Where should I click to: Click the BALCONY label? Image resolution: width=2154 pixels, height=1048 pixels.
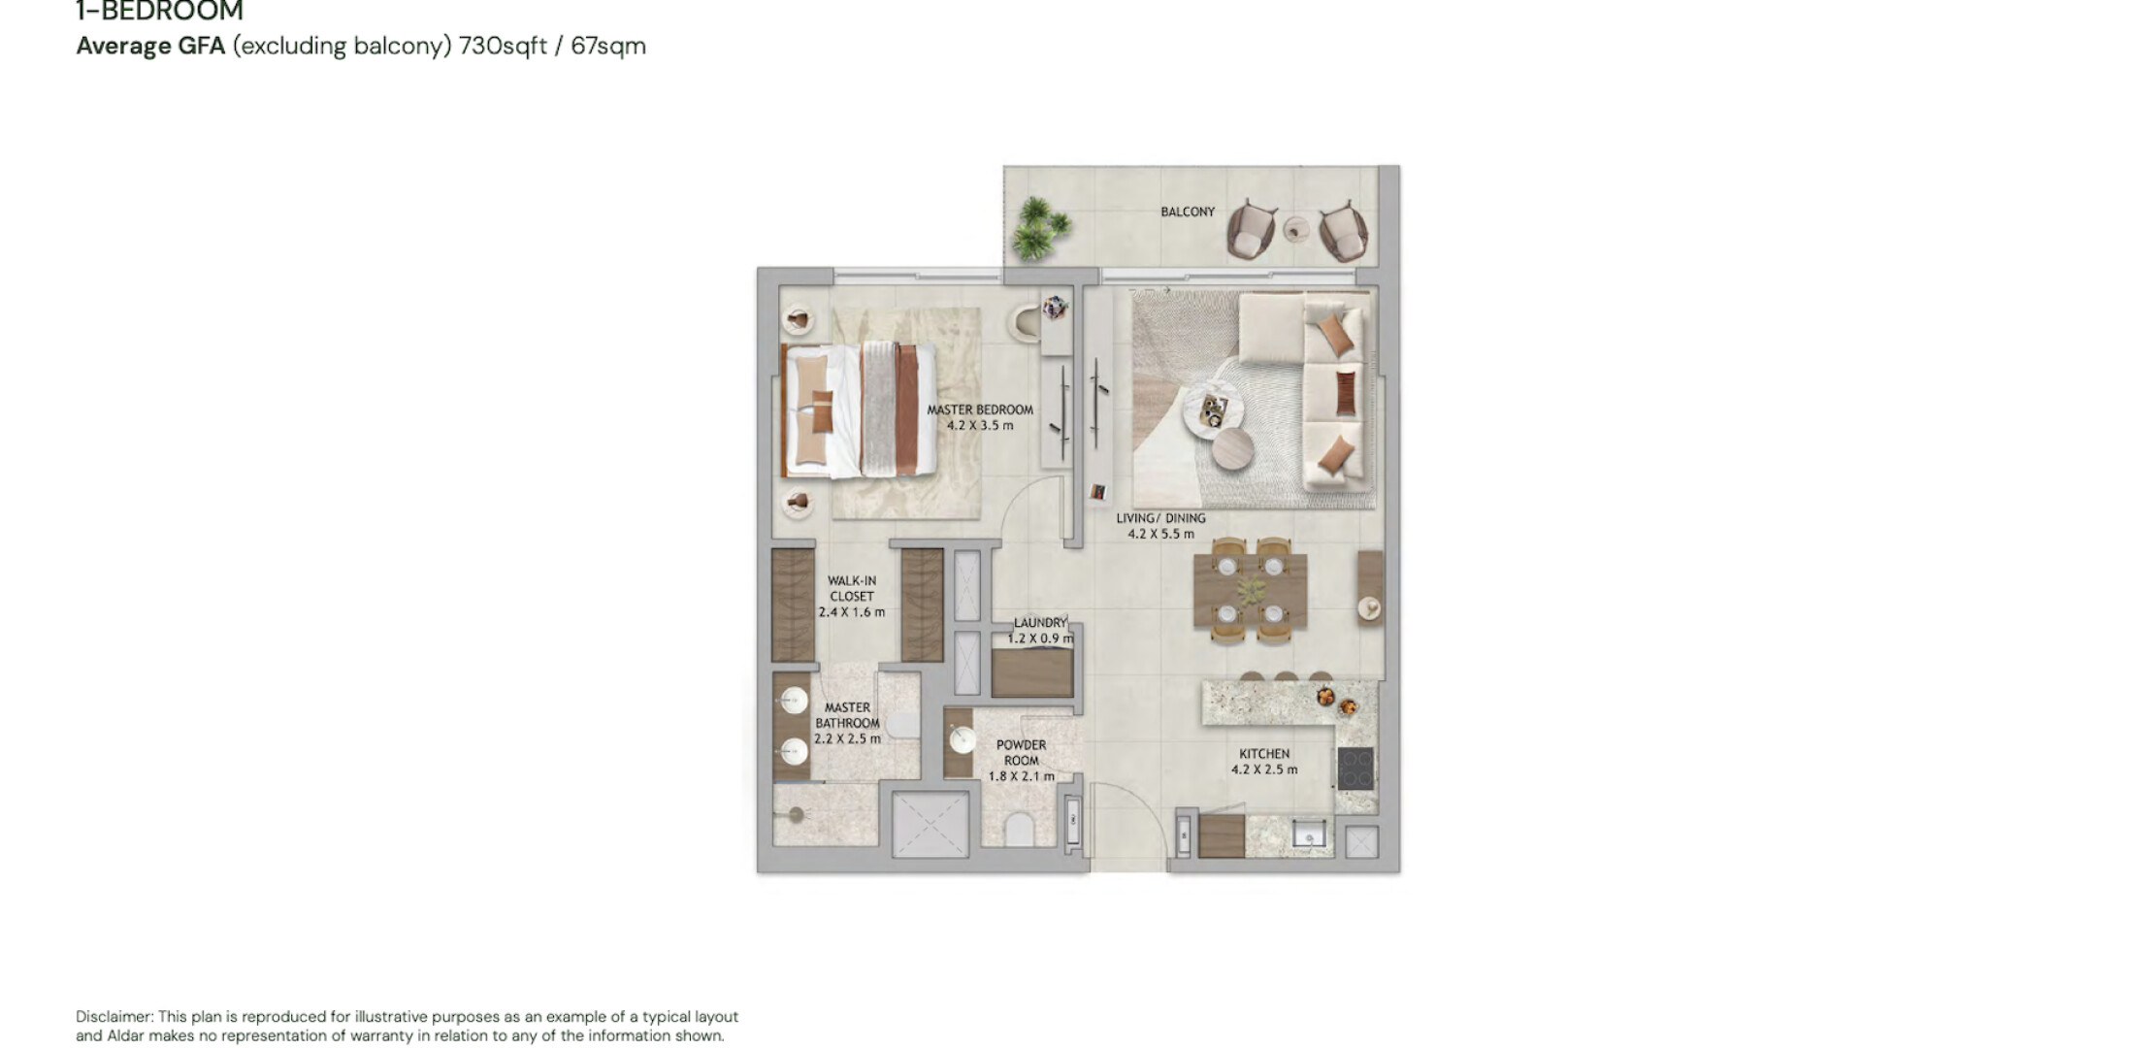point(1188,212)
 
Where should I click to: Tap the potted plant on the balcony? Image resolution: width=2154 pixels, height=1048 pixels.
point(1040,229)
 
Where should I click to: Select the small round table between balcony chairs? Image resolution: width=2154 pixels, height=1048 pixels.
point(1295,230)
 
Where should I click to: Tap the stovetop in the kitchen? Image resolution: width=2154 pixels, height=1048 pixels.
point(1355,769)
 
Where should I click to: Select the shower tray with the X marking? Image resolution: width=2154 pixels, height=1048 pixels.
point(930,824)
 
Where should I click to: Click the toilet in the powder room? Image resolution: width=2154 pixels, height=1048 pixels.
point(1019,832)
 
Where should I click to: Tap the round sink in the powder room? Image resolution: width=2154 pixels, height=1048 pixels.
point(963,741)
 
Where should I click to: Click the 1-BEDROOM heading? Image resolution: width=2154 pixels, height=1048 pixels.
point(160,12)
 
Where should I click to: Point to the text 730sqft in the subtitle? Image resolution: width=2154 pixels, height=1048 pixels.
point(504,46)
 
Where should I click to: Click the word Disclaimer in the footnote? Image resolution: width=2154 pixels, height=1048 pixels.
point(114,1017)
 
